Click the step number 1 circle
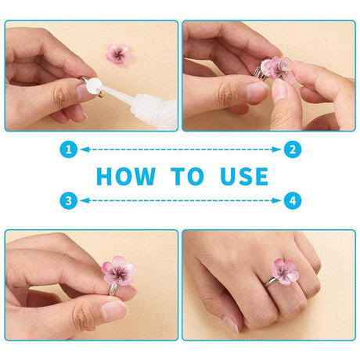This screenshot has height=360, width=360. coord(70,149)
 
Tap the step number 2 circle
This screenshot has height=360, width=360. coord(292,149)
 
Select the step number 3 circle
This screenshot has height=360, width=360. coord(70,200)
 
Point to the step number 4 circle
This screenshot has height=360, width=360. coord(292,200)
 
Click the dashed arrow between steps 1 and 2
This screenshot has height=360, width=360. coord(181,149)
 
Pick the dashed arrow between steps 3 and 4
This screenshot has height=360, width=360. coord(181,200)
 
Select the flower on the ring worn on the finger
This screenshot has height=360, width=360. coord(283,268)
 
